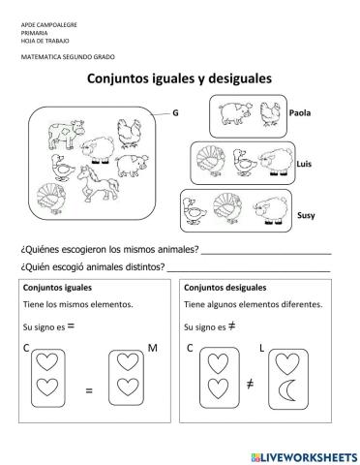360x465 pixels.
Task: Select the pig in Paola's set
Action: click(233, 114)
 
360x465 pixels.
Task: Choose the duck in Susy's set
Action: click(197, 210)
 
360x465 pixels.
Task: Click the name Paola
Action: click(302, 113)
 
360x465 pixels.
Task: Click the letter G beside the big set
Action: click(175, 112)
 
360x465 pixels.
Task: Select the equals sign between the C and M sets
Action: click(88, 391)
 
